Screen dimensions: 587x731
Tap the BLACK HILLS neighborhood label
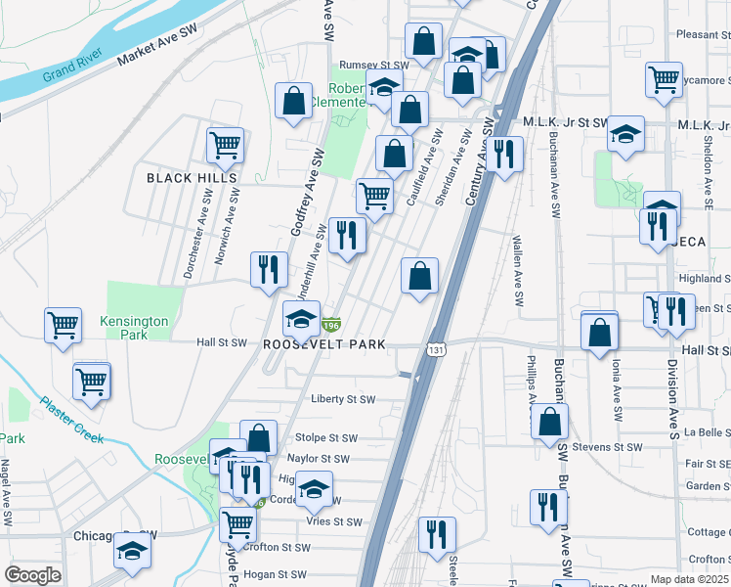click(x=192, y=178)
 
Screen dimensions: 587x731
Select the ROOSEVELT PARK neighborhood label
click(x=324, y=345)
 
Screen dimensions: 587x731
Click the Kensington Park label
click(x=134, y=328)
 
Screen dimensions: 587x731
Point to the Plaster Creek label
click(x=71, y=419)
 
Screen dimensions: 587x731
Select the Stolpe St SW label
click(x=322, y=438)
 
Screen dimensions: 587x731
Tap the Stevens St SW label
click(x=607, y=447)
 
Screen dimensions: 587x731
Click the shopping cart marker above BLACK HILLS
click(x=225, y=146)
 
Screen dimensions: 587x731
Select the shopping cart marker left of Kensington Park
click(x=64, y=324)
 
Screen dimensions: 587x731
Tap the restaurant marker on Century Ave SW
click(x=504, y=154)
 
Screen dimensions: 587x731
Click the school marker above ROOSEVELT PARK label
click(x=301, y=317)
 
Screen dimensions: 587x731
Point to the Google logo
click(x=32, y=575)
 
